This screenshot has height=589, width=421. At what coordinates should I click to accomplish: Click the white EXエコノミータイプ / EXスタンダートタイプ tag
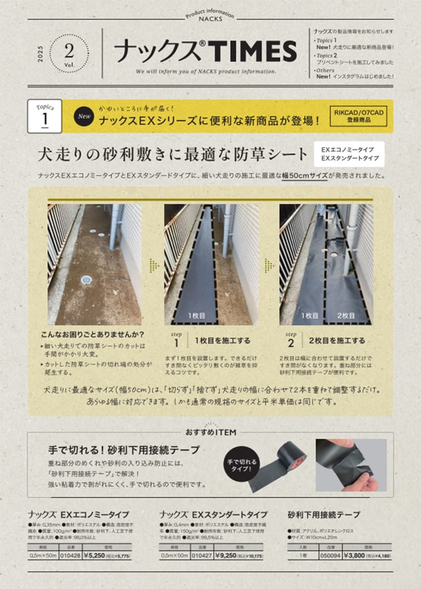click(x=353, y=154)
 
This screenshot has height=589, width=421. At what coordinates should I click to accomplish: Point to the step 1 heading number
click(x=176, y=342)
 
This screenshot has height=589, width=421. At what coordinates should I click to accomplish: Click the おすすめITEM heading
click(x=210, y=432)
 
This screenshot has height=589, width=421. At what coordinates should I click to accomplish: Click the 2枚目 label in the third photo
click(x=345, y=316)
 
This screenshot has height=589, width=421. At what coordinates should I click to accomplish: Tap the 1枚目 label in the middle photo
click(x=193, y=316)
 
